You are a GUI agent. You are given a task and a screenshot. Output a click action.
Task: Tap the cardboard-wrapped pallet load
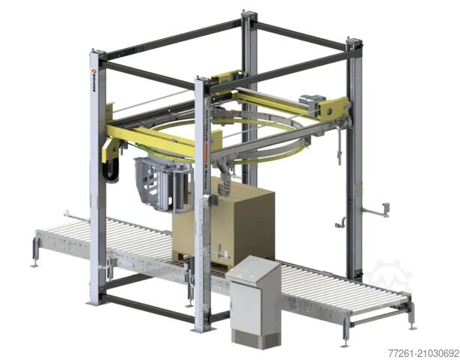pos(225,220)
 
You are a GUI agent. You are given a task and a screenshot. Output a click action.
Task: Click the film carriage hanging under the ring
pos(161,183)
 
